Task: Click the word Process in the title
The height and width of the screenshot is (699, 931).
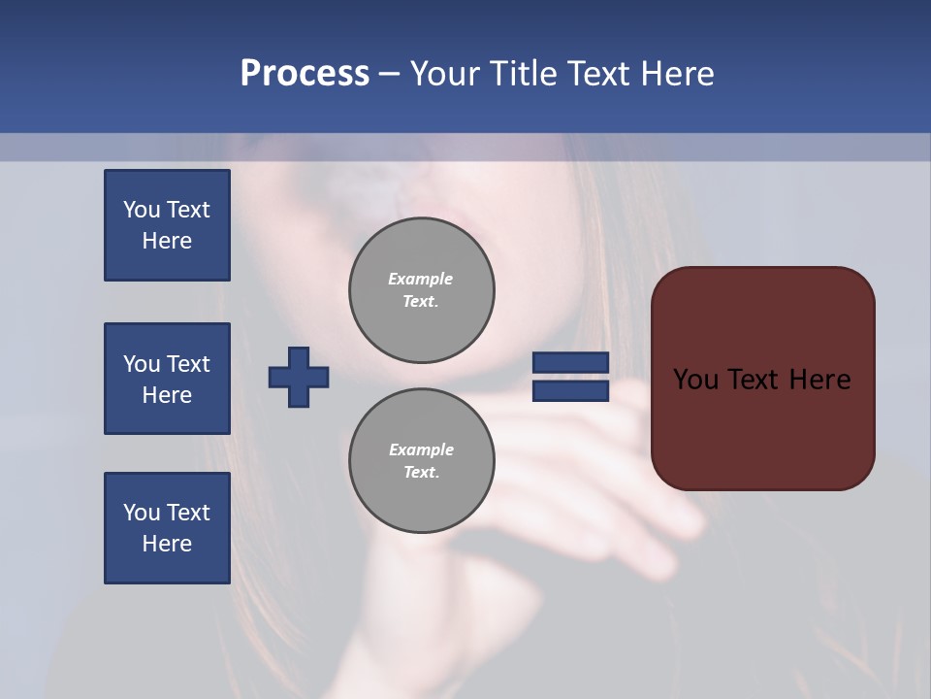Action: click(305, 74)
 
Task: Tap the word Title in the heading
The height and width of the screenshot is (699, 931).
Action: click(526, 74)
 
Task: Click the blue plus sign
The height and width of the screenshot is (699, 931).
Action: click(299, 377)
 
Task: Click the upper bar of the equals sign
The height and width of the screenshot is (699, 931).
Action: click(571, 363)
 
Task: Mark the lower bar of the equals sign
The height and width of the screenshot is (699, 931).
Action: click(571, 390)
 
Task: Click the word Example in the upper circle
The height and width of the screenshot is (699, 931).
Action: click(421, 279)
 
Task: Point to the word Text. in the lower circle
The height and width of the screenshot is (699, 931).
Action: click(421, 472)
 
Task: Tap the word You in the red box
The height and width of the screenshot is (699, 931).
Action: click(696, 380)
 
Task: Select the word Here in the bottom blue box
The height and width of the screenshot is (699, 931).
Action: click(167, 544)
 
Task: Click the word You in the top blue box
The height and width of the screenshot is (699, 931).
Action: click(142, 210)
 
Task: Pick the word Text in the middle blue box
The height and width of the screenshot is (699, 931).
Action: click(188, 364)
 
